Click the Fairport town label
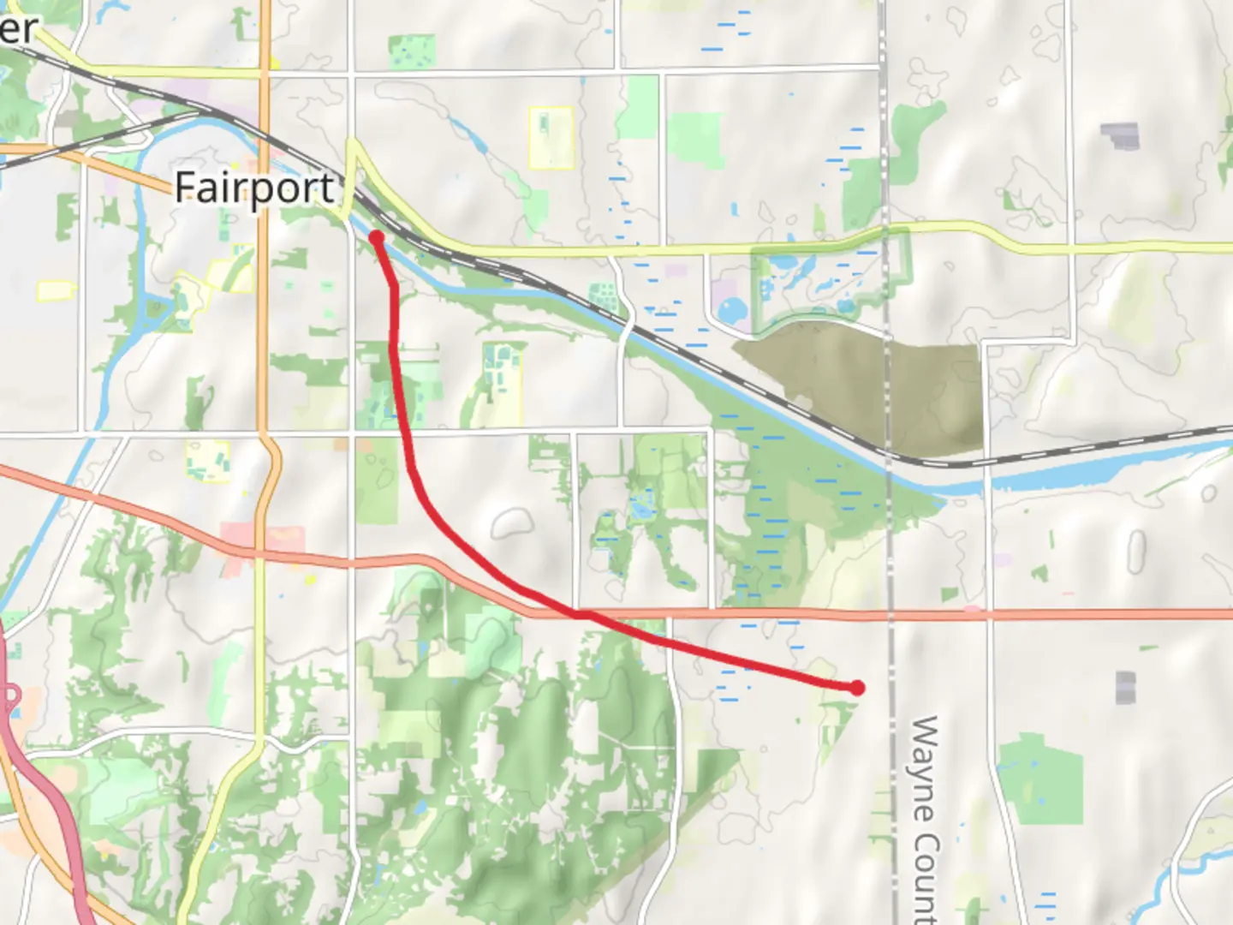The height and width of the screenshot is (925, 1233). point(254,188)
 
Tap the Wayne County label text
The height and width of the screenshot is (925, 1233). point(925,818)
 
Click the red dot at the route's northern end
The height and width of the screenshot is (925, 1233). point(376,237)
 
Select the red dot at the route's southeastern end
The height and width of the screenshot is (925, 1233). point(856,687)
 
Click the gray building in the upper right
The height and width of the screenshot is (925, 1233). point(1120,135)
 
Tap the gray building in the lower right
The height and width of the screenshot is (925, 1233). point(1125,687)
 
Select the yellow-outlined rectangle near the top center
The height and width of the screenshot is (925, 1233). point(551,137)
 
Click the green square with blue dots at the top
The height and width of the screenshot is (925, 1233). point(412,52)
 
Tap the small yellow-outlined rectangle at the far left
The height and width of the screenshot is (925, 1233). point(56,290)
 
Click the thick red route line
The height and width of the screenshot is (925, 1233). point(411,462)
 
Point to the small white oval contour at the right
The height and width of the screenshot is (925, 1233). point(1136,552)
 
